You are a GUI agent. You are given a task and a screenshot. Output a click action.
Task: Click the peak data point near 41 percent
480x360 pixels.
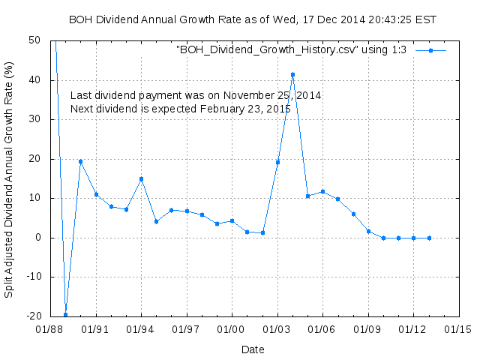[292, 74]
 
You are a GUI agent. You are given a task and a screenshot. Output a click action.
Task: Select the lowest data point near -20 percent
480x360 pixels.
[65, 314]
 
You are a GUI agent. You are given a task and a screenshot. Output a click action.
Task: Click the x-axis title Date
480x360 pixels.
[253, 349]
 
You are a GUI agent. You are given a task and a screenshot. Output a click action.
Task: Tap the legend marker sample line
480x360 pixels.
[430, 50]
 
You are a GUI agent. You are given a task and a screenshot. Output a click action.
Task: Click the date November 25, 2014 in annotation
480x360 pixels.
[276, 96]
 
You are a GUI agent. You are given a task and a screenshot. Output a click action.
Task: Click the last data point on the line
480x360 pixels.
[429, 238]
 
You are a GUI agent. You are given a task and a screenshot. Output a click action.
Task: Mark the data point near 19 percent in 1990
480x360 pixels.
[80, 161]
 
